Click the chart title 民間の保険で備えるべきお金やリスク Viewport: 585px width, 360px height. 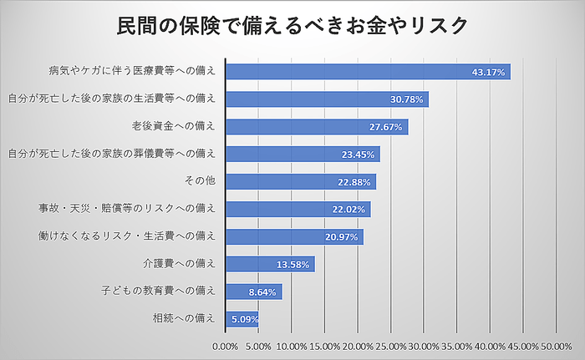pos(292,26)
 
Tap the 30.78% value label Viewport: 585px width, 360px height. pos(408,99)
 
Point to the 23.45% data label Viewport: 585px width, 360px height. pos(359,155)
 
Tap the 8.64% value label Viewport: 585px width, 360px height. pos(262,292)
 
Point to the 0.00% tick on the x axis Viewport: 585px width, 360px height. pos(226,345)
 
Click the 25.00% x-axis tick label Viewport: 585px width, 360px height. pos(391,345)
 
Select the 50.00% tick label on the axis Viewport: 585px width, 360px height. pos(557,345)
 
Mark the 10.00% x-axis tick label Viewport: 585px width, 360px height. pos(292,345)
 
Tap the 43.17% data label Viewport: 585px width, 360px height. pos(489,73)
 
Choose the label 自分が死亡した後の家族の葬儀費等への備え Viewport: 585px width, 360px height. pos(111,155)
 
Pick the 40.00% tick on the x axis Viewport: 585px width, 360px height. pos(491,345)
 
